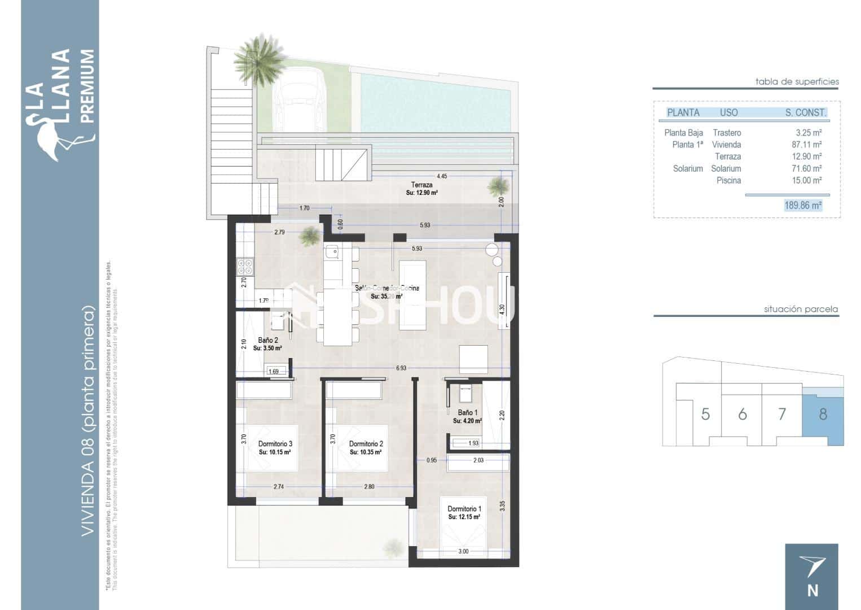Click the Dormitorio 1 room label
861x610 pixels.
point(464,509)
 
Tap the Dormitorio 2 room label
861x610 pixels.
point(366,444)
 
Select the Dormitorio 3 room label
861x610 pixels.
point(275,444)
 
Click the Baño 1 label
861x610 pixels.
point(467,413)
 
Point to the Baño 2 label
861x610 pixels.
point(267,341)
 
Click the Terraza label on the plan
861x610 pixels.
point(421,185)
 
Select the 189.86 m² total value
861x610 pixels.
point(802,206)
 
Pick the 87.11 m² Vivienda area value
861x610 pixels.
point(806,145)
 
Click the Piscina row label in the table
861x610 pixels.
point(728,180)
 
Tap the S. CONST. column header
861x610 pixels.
point(805,112)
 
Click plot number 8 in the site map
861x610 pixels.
point(823,414)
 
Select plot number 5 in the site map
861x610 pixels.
point(705,414)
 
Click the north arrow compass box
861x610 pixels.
point(811,576)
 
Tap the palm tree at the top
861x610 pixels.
point(259,59)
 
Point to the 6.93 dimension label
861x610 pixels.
point(401,368)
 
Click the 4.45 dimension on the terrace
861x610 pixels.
point(441,176)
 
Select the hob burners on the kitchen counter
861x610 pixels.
point(245,267)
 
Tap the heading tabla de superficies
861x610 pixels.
point(797,81)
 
